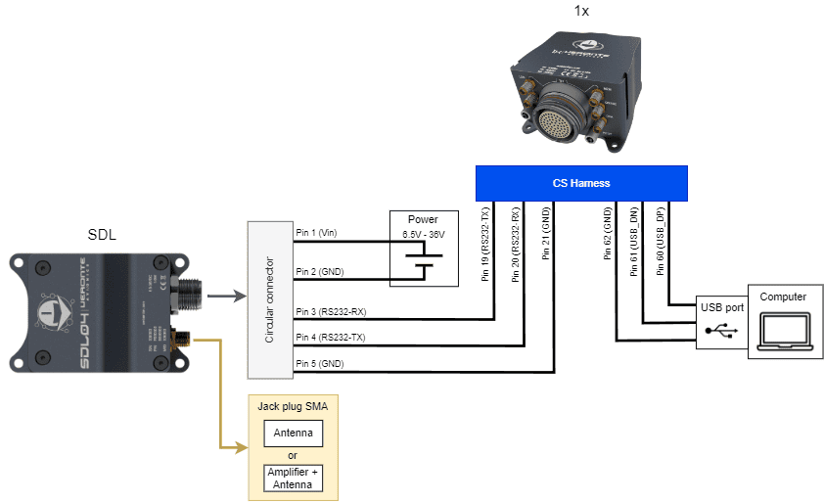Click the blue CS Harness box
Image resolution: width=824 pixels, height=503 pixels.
point(580,183)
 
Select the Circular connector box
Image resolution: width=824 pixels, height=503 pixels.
point(269,299)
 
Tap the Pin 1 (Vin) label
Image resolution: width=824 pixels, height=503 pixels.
point(316,233)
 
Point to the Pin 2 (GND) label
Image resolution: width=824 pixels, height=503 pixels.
point(318,271)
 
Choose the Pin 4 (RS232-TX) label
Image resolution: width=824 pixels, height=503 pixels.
point(332,337)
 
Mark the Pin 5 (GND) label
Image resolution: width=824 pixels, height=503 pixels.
point(318,364)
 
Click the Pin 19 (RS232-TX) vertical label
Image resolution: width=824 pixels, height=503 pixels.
point(486,244)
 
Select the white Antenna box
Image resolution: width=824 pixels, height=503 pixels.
point(293,434)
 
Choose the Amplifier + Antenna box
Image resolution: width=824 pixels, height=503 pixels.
point(293,478)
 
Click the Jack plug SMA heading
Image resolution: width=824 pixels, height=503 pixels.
point(293,405)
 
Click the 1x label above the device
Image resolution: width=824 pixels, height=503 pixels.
point(580,11)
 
